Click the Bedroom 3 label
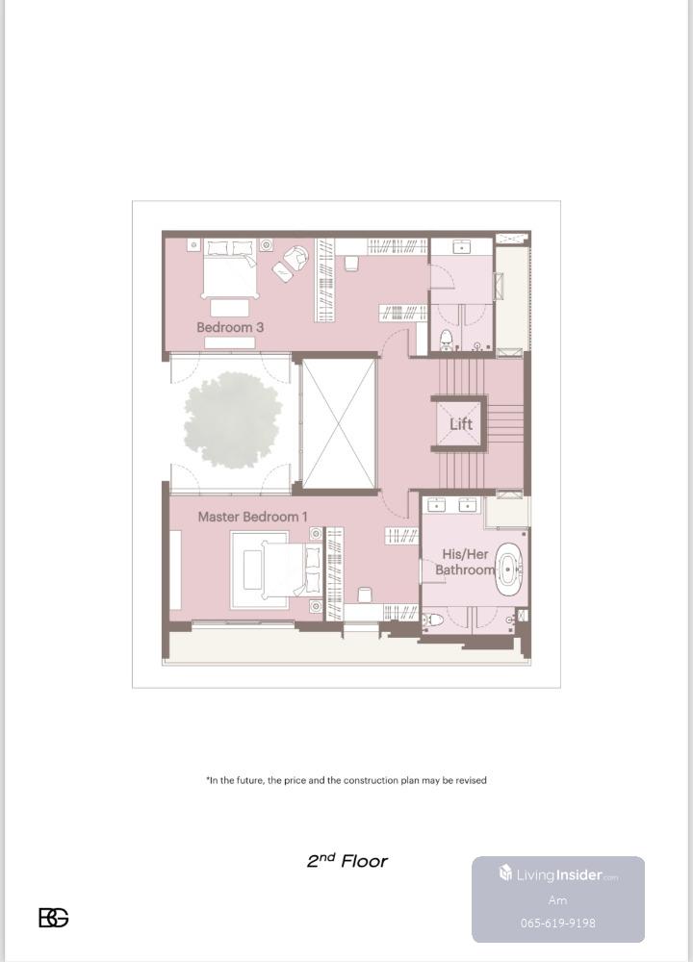click(x=230, y=327)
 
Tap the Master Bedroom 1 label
click(x=252, y=517)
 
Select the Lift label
click(x=461, y=424)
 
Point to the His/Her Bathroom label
click(x=465, y=562)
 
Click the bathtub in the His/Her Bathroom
click(x=508, y=570)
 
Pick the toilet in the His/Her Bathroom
click(x=433, y=620)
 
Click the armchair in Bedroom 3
click(x=297, y=257)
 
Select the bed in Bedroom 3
click(x=230, y=269)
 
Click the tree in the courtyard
click(x=233, y=420)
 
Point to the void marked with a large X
click(x=338, y=424)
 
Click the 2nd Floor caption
click(x=347, y=861)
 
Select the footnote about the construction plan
click(x=346, y=780)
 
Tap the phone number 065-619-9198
click(x=558, y=923)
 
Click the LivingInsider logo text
click(x=558, y=874)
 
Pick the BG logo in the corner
click(x=54, y=918)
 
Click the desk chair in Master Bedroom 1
click(x=364, y=595)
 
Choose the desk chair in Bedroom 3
click(x=350, y=264)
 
